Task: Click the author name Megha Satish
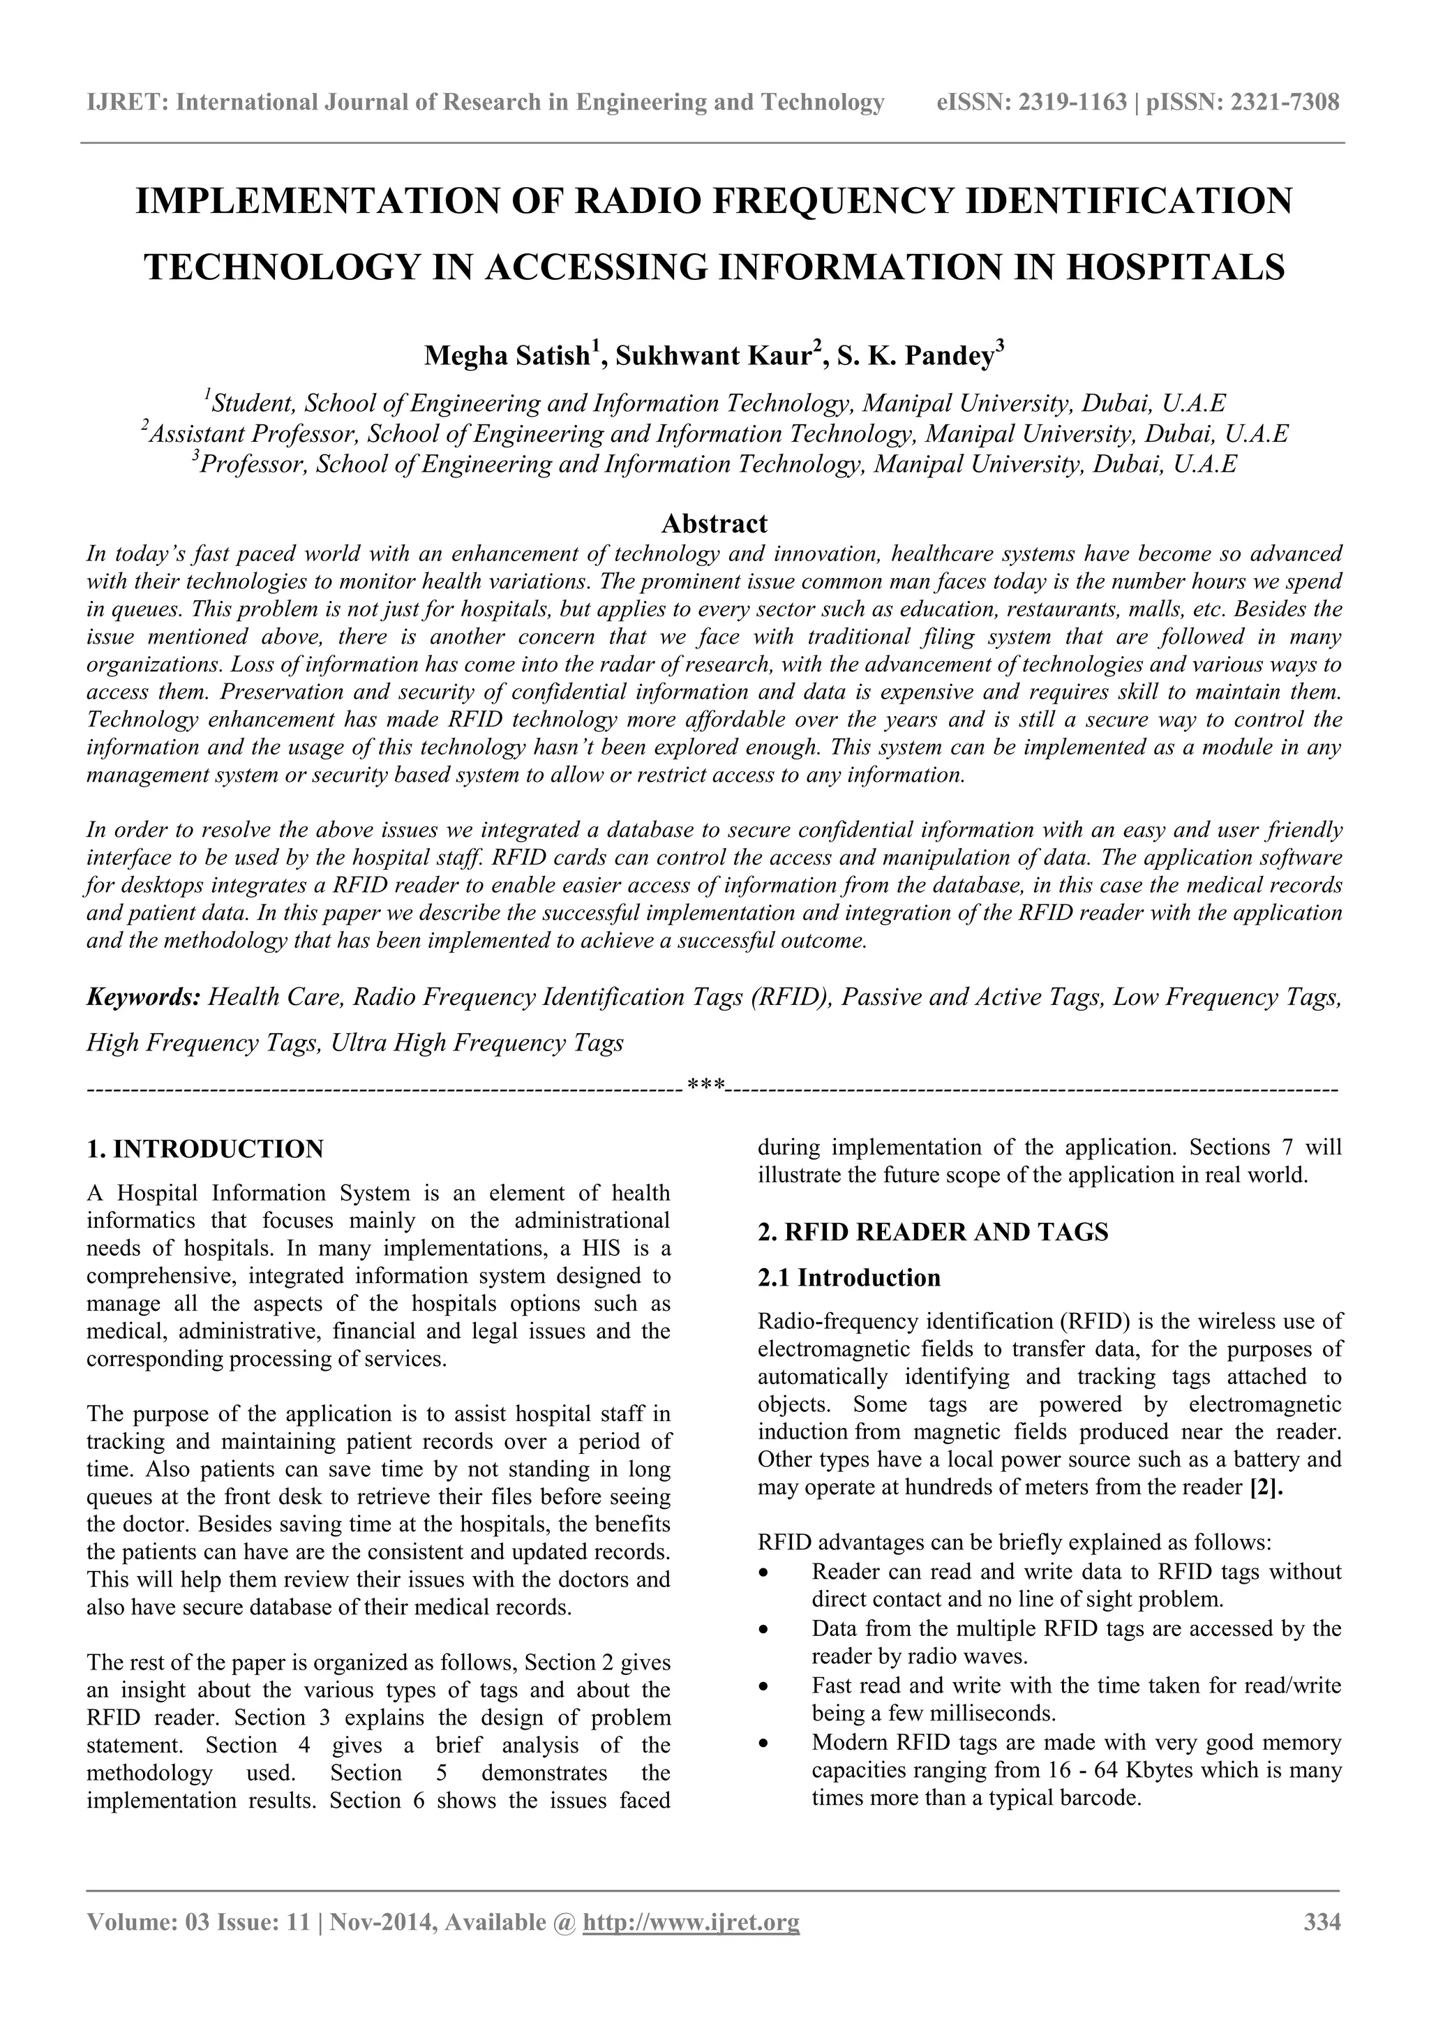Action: click(507, 356)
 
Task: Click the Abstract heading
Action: click(714, 524)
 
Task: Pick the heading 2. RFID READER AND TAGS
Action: click(932, 1232)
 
